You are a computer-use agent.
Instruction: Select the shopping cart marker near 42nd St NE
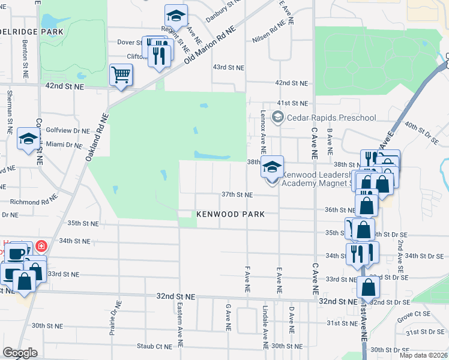121,76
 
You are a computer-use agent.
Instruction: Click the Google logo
20,353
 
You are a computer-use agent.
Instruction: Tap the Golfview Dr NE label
67,130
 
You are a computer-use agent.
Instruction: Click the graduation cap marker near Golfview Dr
28,140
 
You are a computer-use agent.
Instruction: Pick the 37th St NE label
237,194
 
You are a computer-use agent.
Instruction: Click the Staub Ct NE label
154,346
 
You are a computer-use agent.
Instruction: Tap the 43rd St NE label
228,67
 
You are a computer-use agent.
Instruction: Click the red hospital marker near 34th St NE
40,246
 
